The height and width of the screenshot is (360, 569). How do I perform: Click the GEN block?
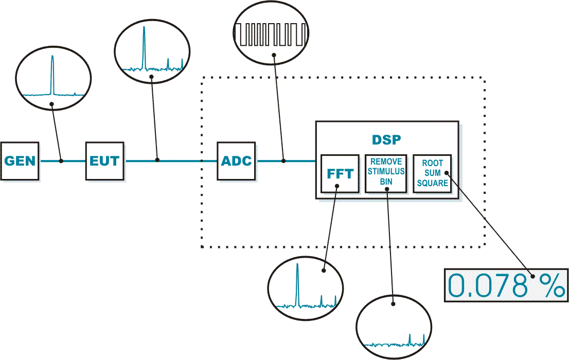coord(20,161)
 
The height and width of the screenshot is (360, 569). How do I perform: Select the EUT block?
coord(105,161)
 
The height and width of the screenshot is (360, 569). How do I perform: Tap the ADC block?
coord(237,161)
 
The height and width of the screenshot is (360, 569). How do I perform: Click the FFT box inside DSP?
coord(340,173)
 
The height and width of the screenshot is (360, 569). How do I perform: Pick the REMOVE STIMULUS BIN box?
coord(386,173)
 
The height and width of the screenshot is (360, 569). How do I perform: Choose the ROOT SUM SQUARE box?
coord(433,173)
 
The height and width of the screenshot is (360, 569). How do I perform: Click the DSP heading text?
coord(386,139)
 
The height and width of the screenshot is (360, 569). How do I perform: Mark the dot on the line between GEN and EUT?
coord(61,161)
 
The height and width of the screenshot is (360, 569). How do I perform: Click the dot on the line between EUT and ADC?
coord(157,161)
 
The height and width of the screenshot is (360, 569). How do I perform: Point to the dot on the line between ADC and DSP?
coord(283,161)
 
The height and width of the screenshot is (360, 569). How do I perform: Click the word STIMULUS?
coord(386,172)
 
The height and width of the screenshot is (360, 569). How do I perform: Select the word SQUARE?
coord(433,183)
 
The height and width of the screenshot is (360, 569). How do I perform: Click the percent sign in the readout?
coord(553,286)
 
